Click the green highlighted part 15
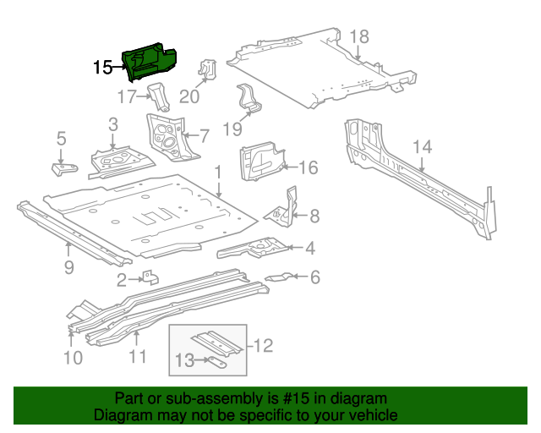point(150,62)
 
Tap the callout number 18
point(359,36)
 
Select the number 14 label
point(422,147)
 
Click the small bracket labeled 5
point(63,168)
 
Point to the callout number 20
point(189,96)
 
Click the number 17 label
point(126,97)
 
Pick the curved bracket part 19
point(250,99)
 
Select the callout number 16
point(308,168)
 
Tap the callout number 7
point(204,134)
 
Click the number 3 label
point(112,126)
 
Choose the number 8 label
point(314,216)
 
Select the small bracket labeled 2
point(148,277)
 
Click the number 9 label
point(68,268)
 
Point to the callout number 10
point(73,358)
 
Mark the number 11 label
point(136,358)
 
